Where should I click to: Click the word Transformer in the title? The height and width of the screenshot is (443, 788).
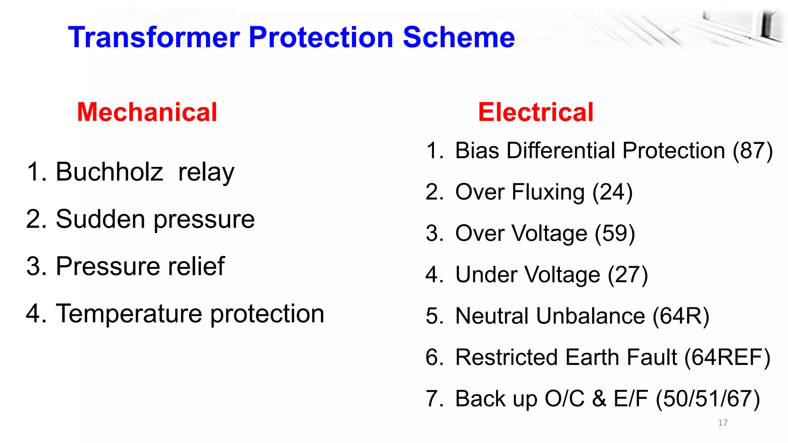pos(154,37)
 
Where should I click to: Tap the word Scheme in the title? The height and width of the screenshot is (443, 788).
pos(459,37)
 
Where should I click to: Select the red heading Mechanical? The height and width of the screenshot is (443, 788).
pos(147,112)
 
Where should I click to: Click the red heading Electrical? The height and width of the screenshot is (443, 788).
pos(536,112)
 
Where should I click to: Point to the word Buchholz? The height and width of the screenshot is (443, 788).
pos(109,172)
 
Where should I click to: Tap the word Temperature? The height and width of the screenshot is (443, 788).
pos(129,313)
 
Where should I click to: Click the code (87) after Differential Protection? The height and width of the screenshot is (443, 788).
pos(752,150)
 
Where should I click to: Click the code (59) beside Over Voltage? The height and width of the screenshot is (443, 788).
pos(614,233)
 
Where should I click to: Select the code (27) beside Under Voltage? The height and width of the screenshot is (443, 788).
pos(628,275)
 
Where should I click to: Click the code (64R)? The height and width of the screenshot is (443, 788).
pos(681,316)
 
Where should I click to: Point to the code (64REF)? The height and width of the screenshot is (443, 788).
pos(727,357)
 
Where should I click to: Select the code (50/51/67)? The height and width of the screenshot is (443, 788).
pos(708,399)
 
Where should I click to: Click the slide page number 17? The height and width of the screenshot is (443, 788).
pos(723,423)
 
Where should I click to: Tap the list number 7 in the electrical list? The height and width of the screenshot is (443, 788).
pos(432,399)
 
